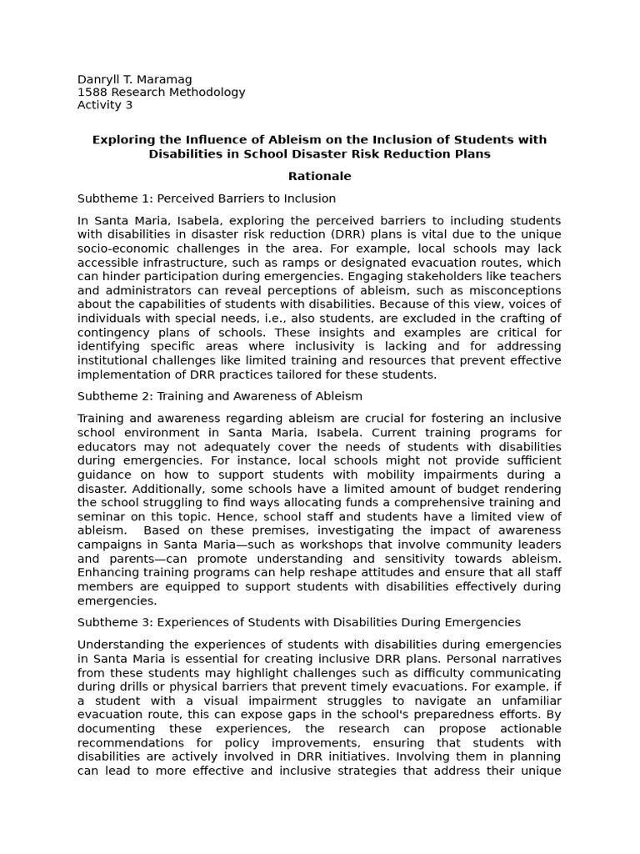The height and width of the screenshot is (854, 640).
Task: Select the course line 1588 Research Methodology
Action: coord(161,92)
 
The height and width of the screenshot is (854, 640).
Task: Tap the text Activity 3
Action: coord(105,105)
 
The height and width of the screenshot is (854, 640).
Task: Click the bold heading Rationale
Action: coord(319,176)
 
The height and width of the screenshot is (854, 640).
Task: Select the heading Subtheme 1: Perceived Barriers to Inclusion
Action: coord(207,198)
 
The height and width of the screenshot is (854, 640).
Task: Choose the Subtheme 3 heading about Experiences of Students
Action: coord(299,622)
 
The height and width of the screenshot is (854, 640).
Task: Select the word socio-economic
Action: coord(122,249)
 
